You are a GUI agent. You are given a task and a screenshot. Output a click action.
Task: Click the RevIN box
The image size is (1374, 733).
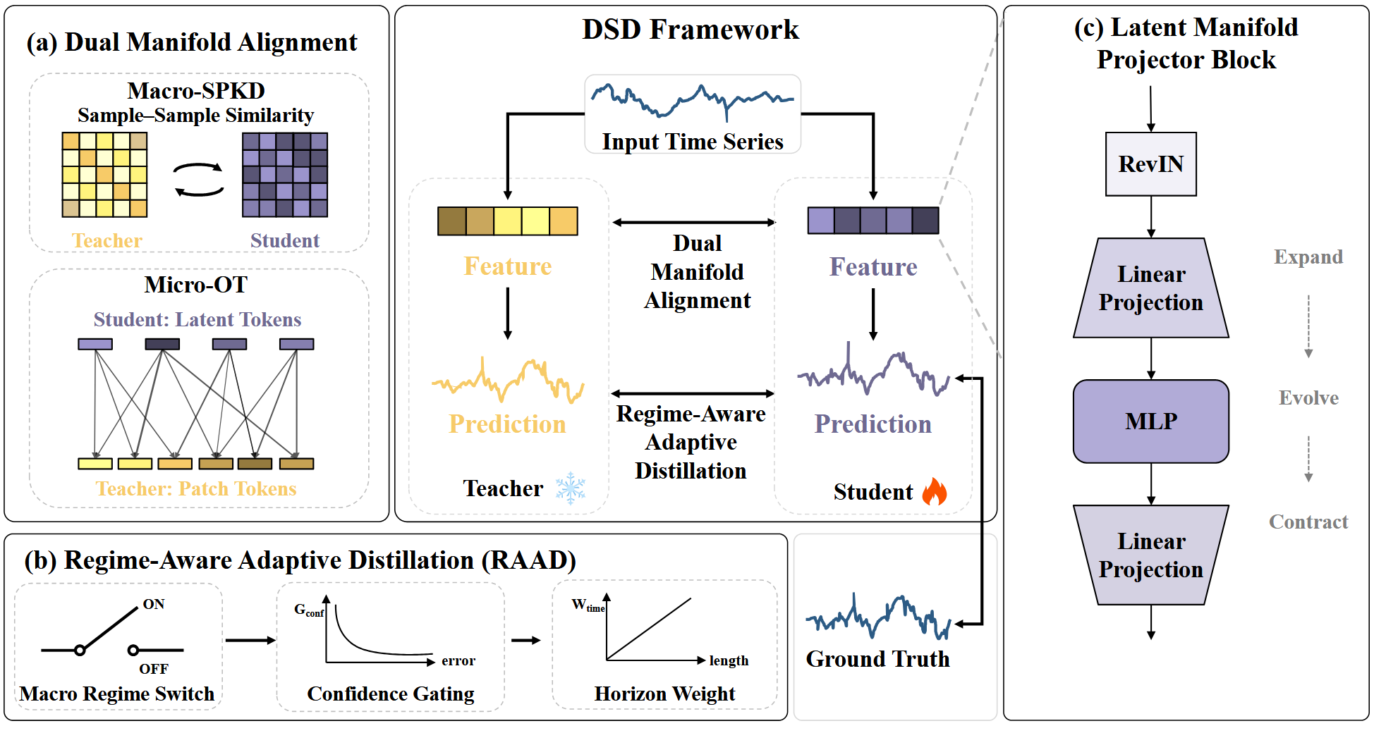1150,164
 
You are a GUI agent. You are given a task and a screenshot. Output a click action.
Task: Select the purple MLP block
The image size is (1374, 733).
1150,421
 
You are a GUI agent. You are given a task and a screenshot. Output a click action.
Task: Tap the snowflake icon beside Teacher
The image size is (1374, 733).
570,488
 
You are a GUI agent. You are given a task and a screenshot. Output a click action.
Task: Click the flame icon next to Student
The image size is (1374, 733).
935,491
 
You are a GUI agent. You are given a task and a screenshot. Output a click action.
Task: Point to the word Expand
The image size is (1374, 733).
1308,257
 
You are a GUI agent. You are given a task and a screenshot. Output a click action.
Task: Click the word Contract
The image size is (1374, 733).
1308,522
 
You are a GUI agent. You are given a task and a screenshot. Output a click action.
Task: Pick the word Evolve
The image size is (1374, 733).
1308,398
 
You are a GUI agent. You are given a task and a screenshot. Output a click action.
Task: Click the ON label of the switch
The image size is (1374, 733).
154,604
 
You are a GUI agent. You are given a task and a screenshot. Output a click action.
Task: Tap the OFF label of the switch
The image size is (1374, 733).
154,668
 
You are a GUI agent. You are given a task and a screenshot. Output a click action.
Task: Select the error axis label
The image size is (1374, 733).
458,660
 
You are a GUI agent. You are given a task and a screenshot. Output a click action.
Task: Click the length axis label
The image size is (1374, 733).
729,660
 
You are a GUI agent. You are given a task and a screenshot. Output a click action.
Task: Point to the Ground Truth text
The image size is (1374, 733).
877,658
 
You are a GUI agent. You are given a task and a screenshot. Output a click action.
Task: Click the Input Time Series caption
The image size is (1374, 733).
693,142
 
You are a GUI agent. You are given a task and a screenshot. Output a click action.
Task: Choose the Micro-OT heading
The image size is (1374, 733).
196,285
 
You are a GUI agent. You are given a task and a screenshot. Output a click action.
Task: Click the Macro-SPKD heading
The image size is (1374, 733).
196,91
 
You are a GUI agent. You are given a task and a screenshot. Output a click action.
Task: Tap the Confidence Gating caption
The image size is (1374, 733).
391,694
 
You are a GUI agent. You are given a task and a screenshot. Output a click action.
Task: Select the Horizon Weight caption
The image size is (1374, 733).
664,694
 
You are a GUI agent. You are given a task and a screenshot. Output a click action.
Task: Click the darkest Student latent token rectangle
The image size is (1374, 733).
162,344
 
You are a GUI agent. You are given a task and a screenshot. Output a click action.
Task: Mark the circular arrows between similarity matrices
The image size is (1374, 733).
199,180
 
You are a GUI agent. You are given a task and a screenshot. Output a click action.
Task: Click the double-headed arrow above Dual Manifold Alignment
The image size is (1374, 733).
694,223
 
